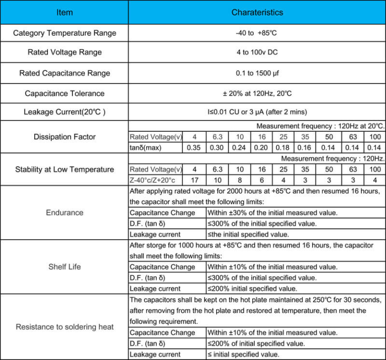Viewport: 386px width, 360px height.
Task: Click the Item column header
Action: [64, 12]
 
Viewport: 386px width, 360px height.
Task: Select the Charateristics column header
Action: [257, 12]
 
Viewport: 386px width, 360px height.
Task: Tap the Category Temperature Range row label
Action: [64, 33]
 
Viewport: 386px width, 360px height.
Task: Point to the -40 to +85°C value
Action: [257, 33]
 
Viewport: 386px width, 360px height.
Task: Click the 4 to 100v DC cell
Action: [257, 52]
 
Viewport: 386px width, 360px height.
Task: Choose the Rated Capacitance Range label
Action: [64, 73]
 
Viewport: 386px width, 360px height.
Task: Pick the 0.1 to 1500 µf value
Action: [257, 73]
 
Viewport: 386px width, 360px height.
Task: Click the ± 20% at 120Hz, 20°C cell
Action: [257, 94]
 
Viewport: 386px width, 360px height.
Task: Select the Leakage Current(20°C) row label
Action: [64, 112]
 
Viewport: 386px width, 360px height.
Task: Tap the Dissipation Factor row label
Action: [64, 137]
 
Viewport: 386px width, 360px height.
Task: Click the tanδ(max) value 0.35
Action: [194, 148]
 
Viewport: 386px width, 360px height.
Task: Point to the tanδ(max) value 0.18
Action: [283, 148]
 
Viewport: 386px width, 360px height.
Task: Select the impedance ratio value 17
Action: [194, 180]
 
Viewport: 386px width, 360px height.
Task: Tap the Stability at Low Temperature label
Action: [64, 169]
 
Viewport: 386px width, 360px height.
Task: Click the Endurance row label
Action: [64, 212]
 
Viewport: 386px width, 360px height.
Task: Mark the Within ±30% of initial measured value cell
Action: [272, 212]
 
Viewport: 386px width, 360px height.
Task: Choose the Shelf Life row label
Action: [64, 266]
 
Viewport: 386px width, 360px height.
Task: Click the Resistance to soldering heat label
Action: [64, 327]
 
